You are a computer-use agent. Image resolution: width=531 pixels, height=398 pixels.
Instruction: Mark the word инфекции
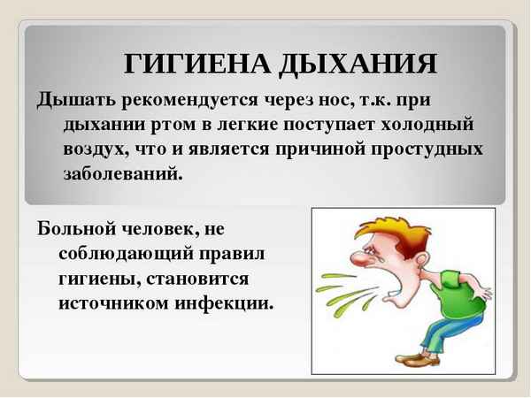coord(223,302)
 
